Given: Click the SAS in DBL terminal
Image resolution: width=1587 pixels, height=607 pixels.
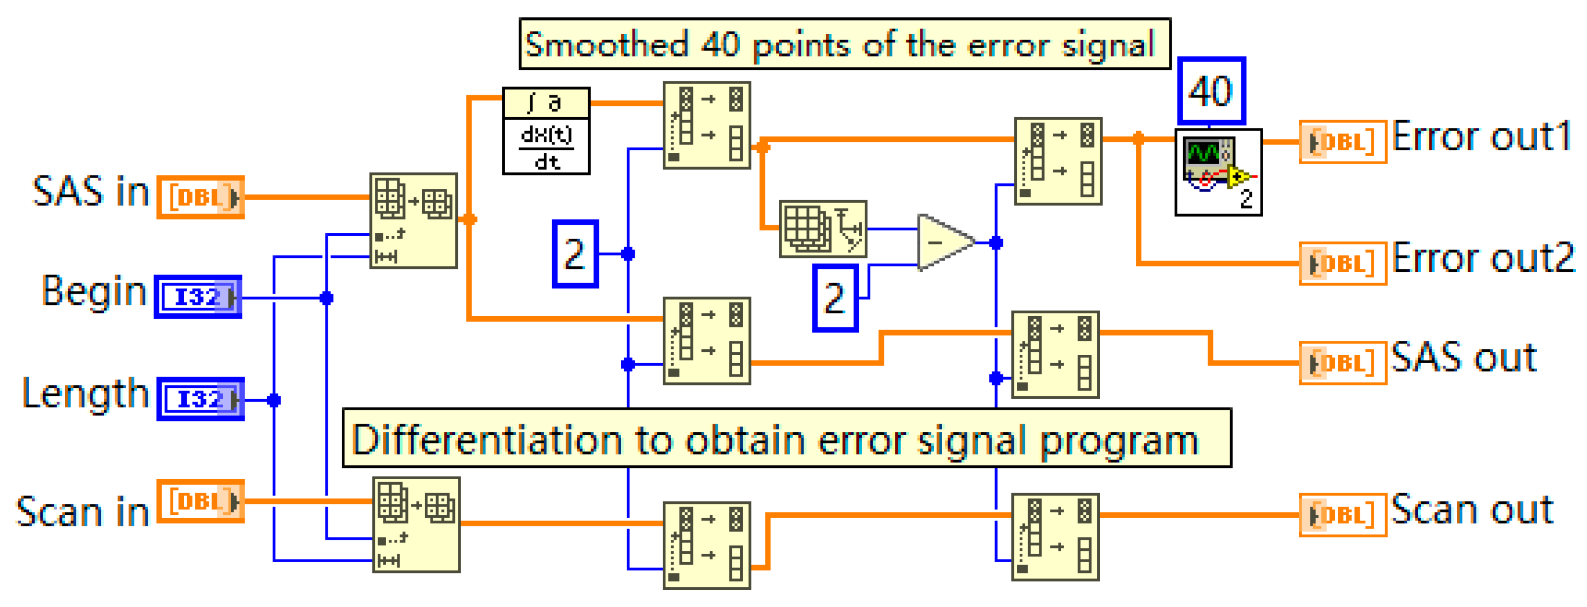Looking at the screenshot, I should (x=201, y=197).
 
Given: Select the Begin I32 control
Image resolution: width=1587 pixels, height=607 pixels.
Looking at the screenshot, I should (x=198, y=298).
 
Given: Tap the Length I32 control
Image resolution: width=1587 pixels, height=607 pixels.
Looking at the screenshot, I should (x=200, y=400).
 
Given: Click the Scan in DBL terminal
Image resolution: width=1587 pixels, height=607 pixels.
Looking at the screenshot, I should (x=201, y=502).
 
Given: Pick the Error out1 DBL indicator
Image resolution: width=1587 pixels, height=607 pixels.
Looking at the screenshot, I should (x=1343, y=142).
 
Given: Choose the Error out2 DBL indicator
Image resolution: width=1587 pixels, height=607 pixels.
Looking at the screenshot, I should (x=1343, y=263).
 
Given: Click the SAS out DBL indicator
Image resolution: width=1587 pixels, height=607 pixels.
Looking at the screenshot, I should (x=1343, y=363).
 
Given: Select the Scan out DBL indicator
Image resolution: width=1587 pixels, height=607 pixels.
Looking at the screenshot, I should (x=1343, y=515).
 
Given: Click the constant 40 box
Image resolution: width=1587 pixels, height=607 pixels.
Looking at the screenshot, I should (x=1211, y=91).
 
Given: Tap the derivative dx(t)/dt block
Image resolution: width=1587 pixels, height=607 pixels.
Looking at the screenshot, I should (x=547, y=131).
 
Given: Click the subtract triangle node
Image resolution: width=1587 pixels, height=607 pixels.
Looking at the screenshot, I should (x=943, y=243).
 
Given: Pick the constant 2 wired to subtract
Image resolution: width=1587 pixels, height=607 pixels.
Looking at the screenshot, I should (x=835, y=299).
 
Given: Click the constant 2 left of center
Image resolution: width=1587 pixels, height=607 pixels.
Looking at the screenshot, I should (x=575, y=254).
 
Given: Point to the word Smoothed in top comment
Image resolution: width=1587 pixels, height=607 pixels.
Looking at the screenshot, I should (x=607, y=44).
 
